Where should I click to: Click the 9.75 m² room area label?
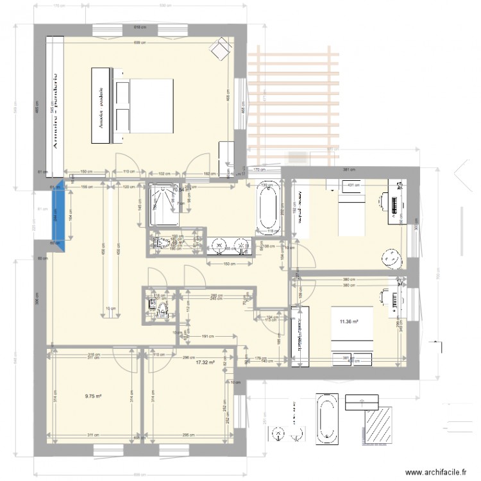pyautogui.click(x=94, y=396)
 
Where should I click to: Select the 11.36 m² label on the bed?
pyautogui.click(x=349, y=322)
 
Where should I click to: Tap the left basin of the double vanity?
pyautogui.click(x=219, y=244)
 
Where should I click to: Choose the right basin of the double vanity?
pyautogui.click(x=241, y=244)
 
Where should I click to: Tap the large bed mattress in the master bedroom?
pyautogui.click(x=153, y=106)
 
